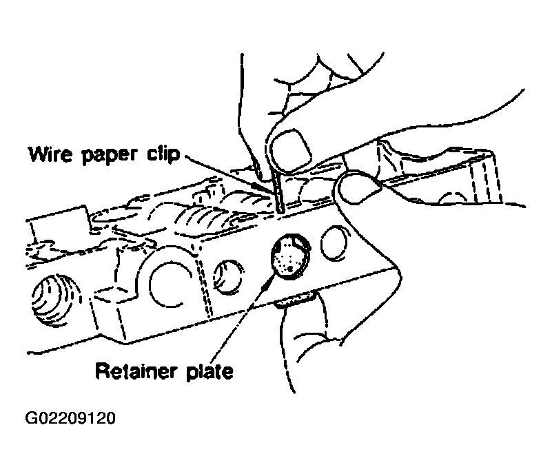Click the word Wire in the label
tap(50, 154)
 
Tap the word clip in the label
tap(163, 155)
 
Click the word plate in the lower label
tap(209, 372)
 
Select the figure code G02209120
tap(70, 418)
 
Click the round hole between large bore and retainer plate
tap(229, 277)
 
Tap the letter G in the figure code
tap(30, 418)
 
